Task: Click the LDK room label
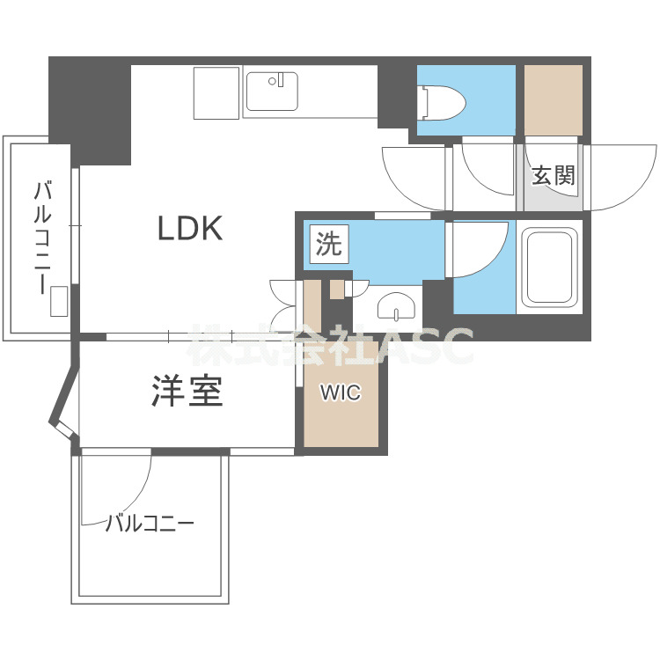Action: click(189, 229)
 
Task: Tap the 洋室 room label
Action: click(187, 392)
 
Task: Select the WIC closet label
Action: click(340, 393)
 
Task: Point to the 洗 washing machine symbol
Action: click(328, 245)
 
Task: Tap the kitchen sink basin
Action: click(271, 92)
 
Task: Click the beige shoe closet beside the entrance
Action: click(554, 99)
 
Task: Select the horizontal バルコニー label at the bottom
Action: click(149, 524)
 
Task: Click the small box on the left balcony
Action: click(59, 301)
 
